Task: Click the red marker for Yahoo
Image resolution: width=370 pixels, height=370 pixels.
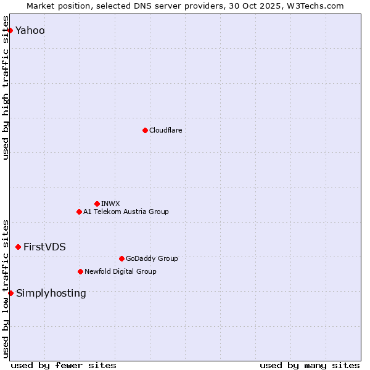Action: point(10,30)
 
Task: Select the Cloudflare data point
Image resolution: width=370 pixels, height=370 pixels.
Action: point(145,130)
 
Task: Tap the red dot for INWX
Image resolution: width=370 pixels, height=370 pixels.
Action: point(97,203)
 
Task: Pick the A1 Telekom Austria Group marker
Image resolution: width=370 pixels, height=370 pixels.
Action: point(79,212)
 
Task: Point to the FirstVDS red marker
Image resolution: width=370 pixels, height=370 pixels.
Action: point(18,247)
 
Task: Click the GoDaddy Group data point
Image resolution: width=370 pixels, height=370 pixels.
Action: point(121,258)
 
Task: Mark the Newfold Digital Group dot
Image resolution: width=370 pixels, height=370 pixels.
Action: point(80,271)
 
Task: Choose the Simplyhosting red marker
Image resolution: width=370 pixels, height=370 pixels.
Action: point(10,293)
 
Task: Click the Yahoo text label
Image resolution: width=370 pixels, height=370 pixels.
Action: point(30,31)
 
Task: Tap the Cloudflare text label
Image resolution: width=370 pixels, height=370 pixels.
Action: point(165,130)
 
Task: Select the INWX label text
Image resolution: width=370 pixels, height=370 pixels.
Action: point(110,203)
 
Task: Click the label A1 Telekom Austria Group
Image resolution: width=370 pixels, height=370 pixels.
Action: point(126,212)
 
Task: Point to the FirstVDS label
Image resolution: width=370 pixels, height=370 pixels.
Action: point(44,247)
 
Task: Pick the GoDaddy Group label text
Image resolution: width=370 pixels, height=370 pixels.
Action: point(152,258)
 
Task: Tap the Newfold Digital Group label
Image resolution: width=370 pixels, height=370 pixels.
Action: point(120,271)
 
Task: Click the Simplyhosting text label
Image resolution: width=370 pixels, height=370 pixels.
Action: point(51,294)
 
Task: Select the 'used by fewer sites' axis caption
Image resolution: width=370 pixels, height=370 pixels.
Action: point(64,365)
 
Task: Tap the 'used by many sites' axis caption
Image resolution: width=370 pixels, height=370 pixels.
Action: point(310,365)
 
